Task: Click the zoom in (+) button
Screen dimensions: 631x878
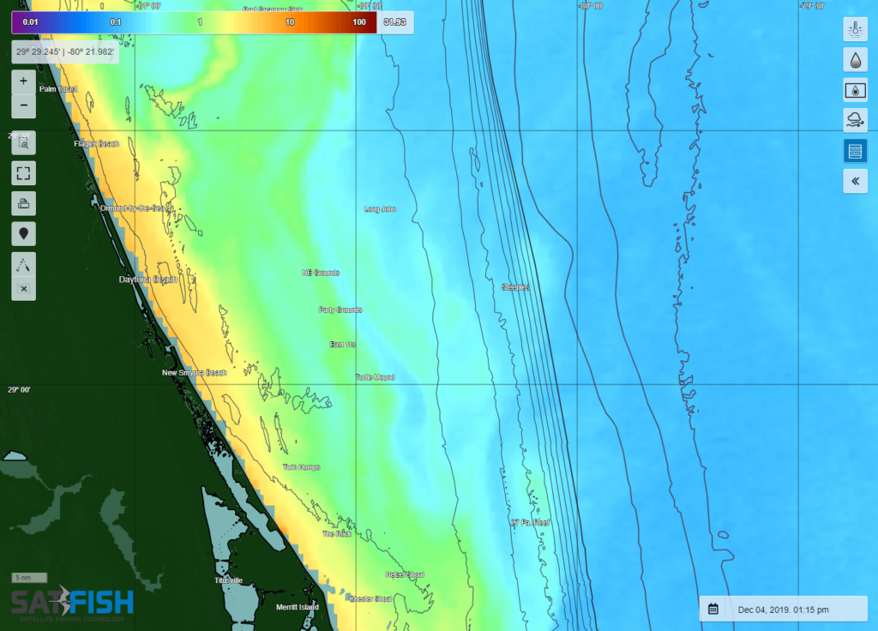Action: point(23,81)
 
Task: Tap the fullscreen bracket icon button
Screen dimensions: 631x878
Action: point(23,172)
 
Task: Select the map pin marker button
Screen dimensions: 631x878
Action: point(23,231)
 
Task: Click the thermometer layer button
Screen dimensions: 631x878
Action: point(855,29)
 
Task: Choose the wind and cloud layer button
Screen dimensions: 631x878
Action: point(855,120)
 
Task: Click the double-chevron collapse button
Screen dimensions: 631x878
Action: point(855,181)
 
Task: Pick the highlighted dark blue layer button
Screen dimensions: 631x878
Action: point(855,151)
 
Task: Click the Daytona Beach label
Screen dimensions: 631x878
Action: point(147,279)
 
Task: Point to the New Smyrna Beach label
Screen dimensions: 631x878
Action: point(195,373)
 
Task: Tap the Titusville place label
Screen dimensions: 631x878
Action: point(229,580)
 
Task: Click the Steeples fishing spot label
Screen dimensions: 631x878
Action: point(515,287)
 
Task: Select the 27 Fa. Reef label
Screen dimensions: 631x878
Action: point(530,522)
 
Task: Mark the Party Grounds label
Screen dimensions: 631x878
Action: point(340,309)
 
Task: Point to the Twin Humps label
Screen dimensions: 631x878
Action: point(302,467)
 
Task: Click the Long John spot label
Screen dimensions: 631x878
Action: point(380,209)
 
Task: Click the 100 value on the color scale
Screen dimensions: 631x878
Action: point(358,21)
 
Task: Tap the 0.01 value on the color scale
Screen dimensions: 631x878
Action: point(30,21)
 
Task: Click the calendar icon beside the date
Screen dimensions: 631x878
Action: point(713,610)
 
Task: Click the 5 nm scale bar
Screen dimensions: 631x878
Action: point(29,578)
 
